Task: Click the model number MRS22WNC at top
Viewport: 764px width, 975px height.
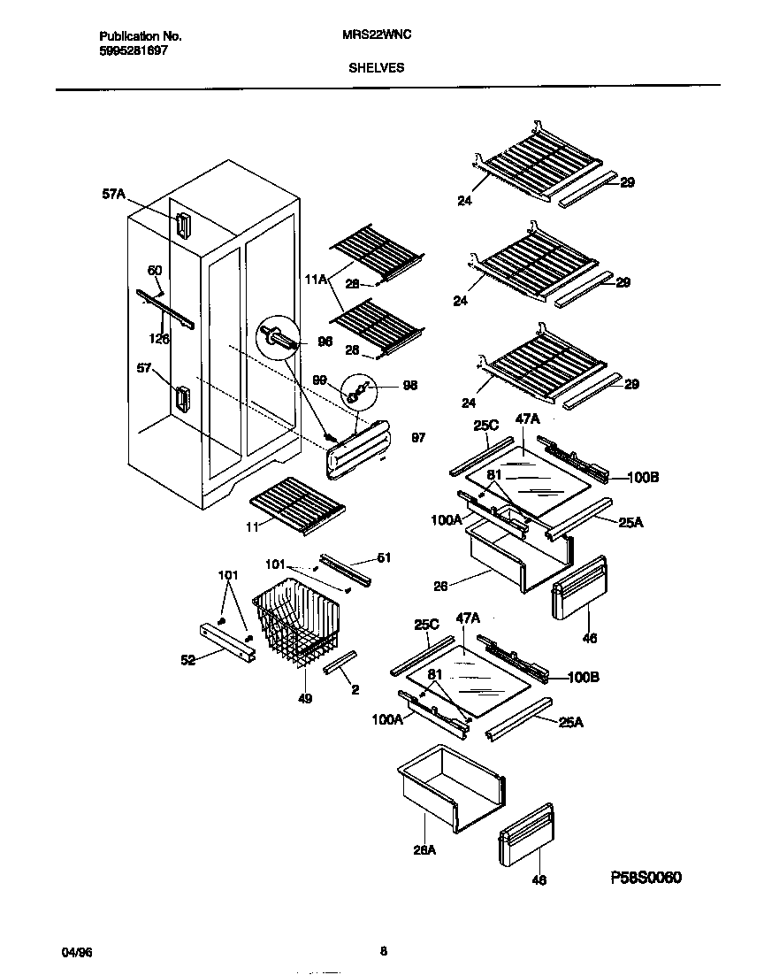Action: tap(376, 36)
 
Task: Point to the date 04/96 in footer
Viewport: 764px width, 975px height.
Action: tap(76, 952)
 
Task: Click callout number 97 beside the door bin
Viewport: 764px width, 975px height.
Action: tap(418, 438)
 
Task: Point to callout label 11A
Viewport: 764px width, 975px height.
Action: tap(316, 279)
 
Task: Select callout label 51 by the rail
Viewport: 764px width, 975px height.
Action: tap(383, 557)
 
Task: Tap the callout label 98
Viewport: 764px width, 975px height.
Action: tap(409, 385)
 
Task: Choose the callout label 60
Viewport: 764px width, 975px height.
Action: tap(154, 270)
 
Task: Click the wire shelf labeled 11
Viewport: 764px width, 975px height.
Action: tap(296, 505)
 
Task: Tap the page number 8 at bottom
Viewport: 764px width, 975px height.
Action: tap(383, 952)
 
